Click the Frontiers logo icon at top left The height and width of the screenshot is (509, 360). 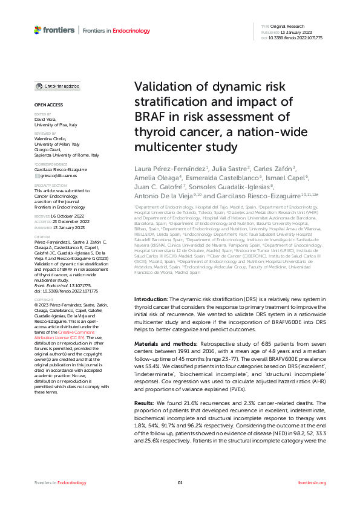38,29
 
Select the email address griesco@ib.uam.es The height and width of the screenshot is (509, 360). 60,175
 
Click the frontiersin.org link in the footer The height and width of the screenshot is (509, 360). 312,482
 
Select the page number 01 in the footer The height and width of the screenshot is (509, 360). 180,482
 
